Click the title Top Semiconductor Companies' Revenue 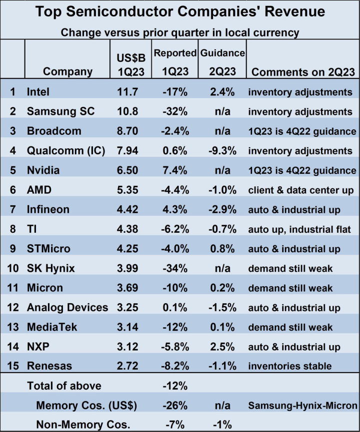coord(180,11)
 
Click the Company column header coord(68,71)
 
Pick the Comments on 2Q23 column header coord(303,71)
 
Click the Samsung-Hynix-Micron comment coord(302,405)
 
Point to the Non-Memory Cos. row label coord(83,425)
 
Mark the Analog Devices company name coord(67,307)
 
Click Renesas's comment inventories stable coord(290,366)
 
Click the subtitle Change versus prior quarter coord(180,32)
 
